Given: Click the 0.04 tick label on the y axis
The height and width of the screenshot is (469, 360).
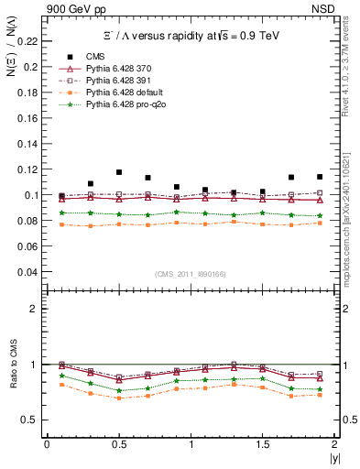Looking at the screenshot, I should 30,272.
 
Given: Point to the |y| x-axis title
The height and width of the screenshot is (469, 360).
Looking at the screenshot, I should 330,458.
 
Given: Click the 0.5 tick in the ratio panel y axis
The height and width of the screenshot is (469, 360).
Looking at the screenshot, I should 35,420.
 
